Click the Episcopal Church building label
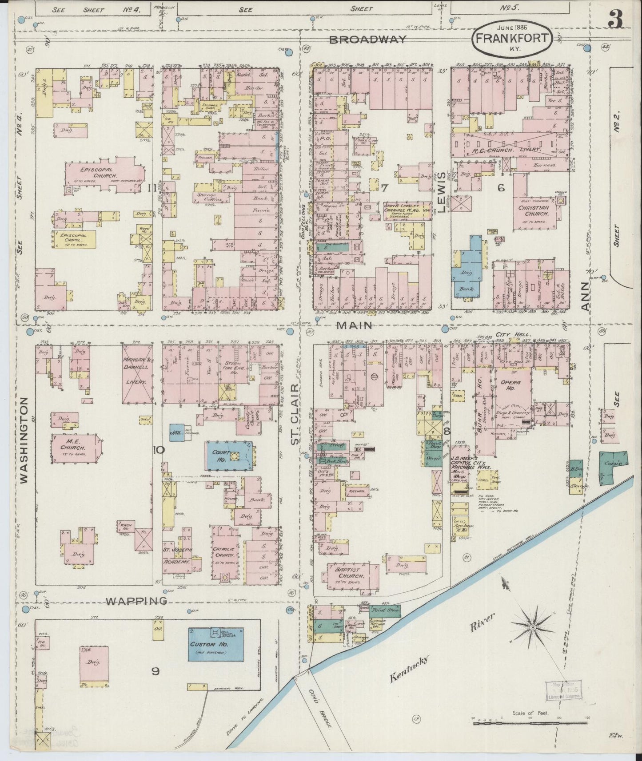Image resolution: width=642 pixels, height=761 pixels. click(91, 172)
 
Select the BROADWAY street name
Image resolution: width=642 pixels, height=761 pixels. click(367, 40)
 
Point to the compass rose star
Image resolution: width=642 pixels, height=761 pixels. click(532, 627)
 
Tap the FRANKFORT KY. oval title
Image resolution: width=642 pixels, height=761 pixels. click(511, 39)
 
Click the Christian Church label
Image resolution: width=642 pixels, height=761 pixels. click(533, 210)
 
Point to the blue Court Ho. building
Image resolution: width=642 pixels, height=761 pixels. click(228, 456)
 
